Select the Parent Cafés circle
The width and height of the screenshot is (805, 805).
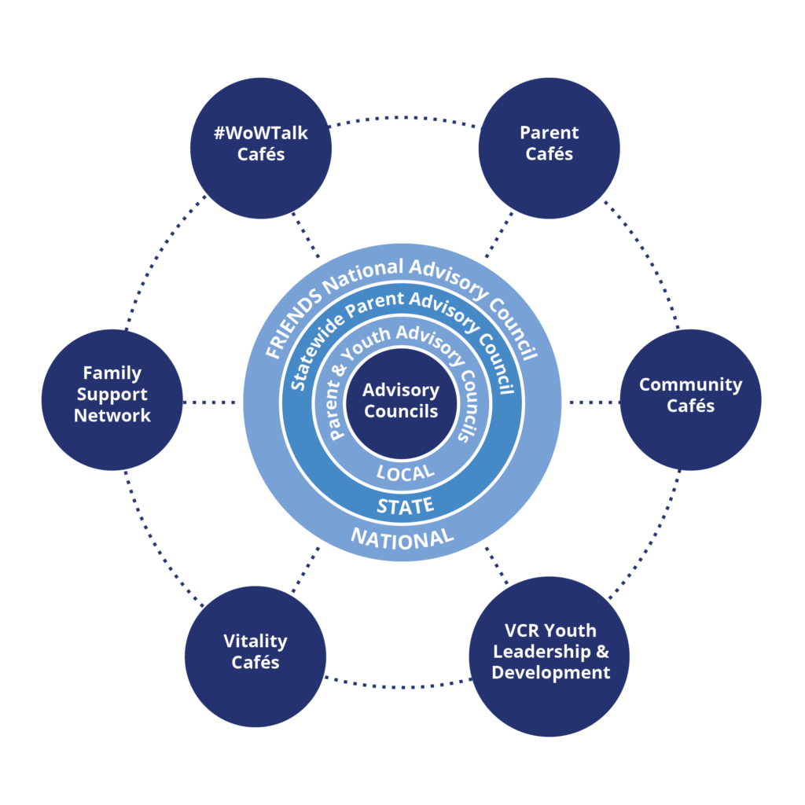[x=549, y=146]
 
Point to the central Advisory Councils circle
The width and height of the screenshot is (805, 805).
[x=401, y=401]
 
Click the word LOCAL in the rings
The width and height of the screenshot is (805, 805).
[x=405, y=472]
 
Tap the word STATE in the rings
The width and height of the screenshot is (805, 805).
[x=405, y=505]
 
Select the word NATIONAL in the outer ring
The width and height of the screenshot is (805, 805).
[x=402, y=539]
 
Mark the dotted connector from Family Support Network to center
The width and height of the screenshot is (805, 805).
[x=211, y=402]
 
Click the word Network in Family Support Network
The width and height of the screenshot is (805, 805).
[x=112, y=416]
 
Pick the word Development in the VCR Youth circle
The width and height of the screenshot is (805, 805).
[x=550, y=673]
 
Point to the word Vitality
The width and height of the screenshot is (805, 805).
[x=255, y=641]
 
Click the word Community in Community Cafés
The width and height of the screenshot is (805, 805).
[x=690, y=385]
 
